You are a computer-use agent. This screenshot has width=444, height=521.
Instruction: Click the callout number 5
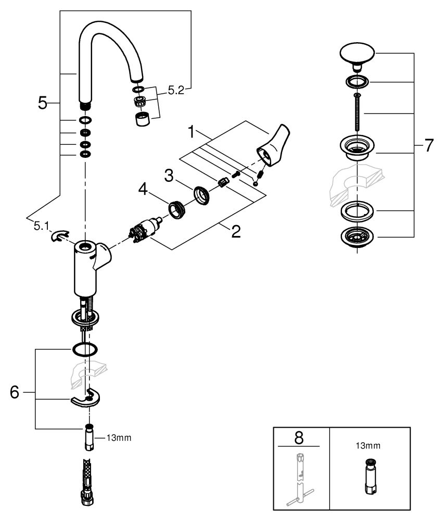click(43, 103)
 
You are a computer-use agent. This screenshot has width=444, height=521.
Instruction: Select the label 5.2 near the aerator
click(176, 90)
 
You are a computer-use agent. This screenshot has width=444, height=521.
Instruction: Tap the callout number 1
click(191, 132)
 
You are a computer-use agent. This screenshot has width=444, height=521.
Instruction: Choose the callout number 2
click(236, 232)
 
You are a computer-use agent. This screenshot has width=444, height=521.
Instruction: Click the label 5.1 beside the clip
click(41, 227)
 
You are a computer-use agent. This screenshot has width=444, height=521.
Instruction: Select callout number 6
click(15, 392)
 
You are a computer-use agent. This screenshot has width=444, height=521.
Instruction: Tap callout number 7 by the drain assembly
click(429, 145)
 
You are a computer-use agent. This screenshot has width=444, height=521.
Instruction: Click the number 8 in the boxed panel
click(299, 438)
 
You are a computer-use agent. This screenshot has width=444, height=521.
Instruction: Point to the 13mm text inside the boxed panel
click(368, 445)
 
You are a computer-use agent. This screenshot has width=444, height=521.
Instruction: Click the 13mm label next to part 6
click(119, 438)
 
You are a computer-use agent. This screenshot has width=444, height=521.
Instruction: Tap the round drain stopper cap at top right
click(357, 56)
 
